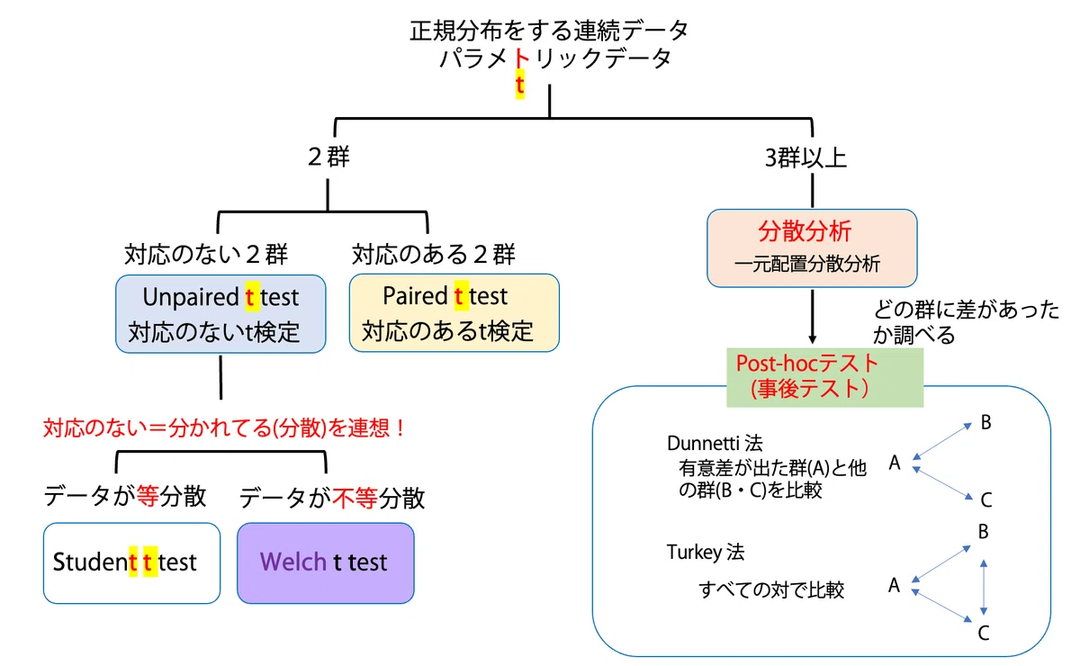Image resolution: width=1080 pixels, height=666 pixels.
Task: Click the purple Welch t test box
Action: [326, 562]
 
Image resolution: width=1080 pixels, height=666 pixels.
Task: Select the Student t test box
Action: [131, 562]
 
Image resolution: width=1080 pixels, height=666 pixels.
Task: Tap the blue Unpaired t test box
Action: [220, 314]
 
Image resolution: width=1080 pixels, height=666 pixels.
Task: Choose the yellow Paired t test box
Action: [454, 313]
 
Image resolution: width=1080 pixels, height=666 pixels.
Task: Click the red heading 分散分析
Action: [805, 231]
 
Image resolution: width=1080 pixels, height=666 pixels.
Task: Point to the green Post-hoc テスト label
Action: [825, 377]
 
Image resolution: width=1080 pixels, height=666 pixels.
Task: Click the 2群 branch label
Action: [328, 157]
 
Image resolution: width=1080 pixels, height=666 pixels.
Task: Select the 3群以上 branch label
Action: [805, 157]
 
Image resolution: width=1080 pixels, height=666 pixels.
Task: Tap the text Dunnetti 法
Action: [715, 443]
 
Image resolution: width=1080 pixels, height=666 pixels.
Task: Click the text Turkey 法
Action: [706, 552]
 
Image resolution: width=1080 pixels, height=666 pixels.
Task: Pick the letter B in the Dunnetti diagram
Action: [986, 422]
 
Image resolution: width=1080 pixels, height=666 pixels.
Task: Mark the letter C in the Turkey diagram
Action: [984, 633]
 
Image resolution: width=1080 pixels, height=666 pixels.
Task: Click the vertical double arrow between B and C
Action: [984, 587]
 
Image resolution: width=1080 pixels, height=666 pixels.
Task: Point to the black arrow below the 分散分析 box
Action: [813, 317]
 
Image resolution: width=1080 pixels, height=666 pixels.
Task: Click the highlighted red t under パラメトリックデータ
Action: [520, 85]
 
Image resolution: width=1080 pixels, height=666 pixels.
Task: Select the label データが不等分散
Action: [332, 498]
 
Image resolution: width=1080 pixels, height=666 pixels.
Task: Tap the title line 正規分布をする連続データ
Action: [549, 31]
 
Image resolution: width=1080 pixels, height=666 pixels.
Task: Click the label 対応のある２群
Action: [434, 254]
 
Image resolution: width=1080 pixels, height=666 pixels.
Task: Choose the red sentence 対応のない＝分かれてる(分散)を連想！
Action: [224, 427]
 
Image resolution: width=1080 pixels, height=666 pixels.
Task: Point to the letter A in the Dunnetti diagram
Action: [895, 463]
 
